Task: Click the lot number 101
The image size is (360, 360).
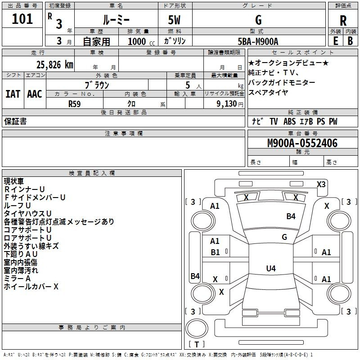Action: pos(22,19)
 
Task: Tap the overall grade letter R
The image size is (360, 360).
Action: pos(343,21)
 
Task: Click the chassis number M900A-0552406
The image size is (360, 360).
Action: pos(302,144)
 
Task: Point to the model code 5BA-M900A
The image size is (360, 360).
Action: pos(258,41)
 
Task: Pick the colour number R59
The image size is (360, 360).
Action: pos(75,103)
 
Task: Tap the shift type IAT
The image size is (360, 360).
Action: pos(13,94)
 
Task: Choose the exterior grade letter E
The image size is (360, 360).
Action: pos(336,41)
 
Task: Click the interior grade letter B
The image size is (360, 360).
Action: pos(350,41)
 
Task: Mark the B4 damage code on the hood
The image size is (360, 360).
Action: pos(291,216)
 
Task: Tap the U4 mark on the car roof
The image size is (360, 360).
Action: pos(270,269)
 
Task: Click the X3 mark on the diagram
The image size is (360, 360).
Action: pos(321,184)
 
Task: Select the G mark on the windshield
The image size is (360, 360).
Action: pos(284,237)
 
